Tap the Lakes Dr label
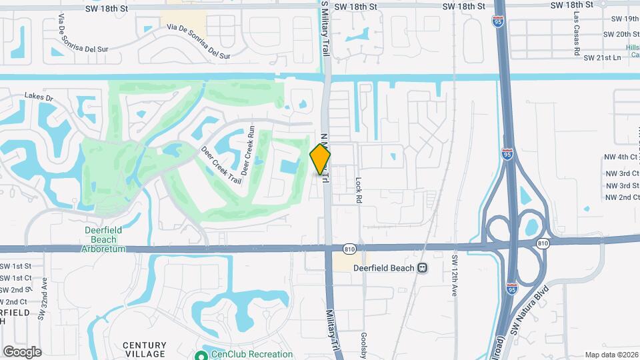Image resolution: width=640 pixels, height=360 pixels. pos(39,97)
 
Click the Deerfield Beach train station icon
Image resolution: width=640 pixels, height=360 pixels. pos(422,267)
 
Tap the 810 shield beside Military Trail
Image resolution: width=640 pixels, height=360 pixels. pos(349,248)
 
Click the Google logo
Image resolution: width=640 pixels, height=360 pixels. pos(22,351)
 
